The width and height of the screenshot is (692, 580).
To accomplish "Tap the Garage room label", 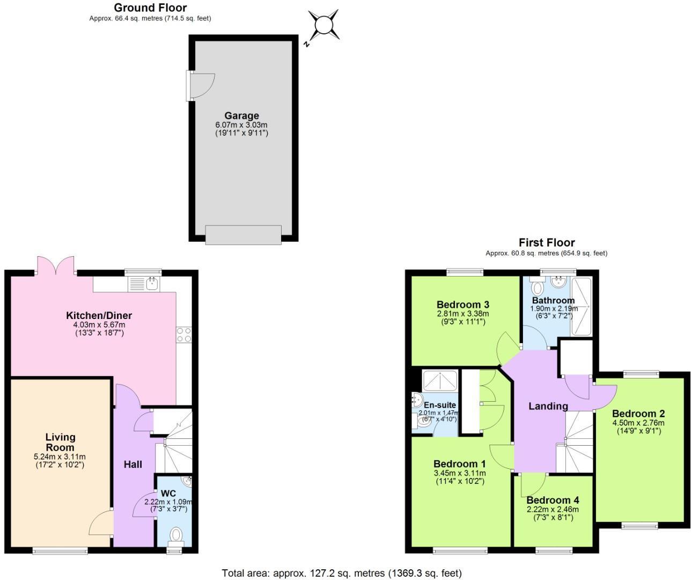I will pos(241,115).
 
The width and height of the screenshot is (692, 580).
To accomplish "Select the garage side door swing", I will pos(202,85).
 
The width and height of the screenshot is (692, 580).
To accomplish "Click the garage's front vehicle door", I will pos(244,235).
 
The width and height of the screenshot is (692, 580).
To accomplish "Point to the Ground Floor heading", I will pos(150,8).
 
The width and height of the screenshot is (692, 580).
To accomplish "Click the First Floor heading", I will pos(547,243).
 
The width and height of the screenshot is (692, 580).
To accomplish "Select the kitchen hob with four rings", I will pos(183,335).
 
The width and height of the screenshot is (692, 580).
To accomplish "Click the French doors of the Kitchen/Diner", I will pos(56,265).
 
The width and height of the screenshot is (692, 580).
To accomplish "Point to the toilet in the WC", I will pos(175,535).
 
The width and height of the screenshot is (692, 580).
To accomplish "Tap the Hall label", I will pos(132,464).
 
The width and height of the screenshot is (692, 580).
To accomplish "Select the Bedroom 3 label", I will pos(462,305).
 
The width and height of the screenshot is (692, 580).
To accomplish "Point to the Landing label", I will pos(548,406).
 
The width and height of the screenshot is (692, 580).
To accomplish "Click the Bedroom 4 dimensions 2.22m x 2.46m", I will pos(553,509).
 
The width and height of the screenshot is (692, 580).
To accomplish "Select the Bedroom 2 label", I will pos(638,414).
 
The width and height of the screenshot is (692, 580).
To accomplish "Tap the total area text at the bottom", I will pos(342,573).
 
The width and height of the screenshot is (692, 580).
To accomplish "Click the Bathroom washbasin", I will pos(559,282).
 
